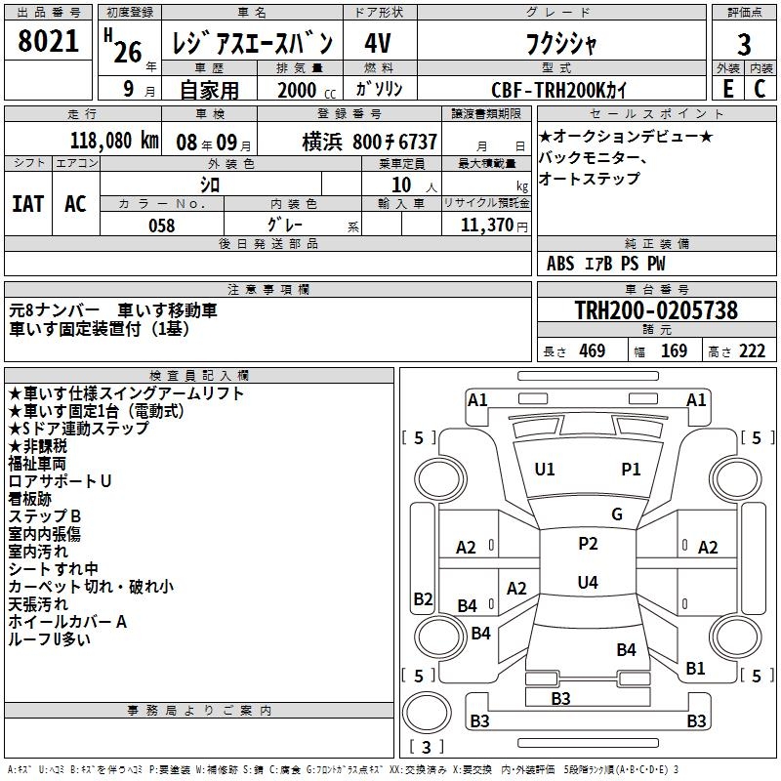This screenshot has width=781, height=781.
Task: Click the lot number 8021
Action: (48, 41)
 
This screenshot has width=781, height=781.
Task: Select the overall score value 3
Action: (744, 45)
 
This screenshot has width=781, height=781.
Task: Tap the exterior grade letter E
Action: (728, 89)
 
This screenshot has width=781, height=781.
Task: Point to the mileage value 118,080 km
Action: (114, 141)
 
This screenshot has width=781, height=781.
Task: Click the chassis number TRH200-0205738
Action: (656, 310)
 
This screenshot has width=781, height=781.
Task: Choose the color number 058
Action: (162, 226)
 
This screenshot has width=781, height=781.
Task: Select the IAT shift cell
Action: (28, 204)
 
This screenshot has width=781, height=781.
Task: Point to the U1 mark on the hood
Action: (545, 470)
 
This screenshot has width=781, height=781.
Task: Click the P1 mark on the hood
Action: (631, 470)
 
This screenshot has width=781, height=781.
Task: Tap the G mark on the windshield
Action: (617, 514)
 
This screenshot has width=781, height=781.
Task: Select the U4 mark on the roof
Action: (588, 582)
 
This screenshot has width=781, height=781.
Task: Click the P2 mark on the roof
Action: (588, 544)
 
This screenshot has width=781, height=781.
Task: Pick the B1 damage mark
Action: (695, 669)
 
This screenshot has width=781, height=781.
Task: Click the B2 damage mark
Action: (423, 598)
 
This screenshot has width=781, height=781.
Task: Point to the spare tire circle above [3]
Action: (427, 713)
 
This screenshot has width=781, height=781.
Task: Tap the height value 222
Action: (752, 351)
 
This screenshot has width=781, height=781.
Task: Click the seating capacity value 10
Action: (401, 185)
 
